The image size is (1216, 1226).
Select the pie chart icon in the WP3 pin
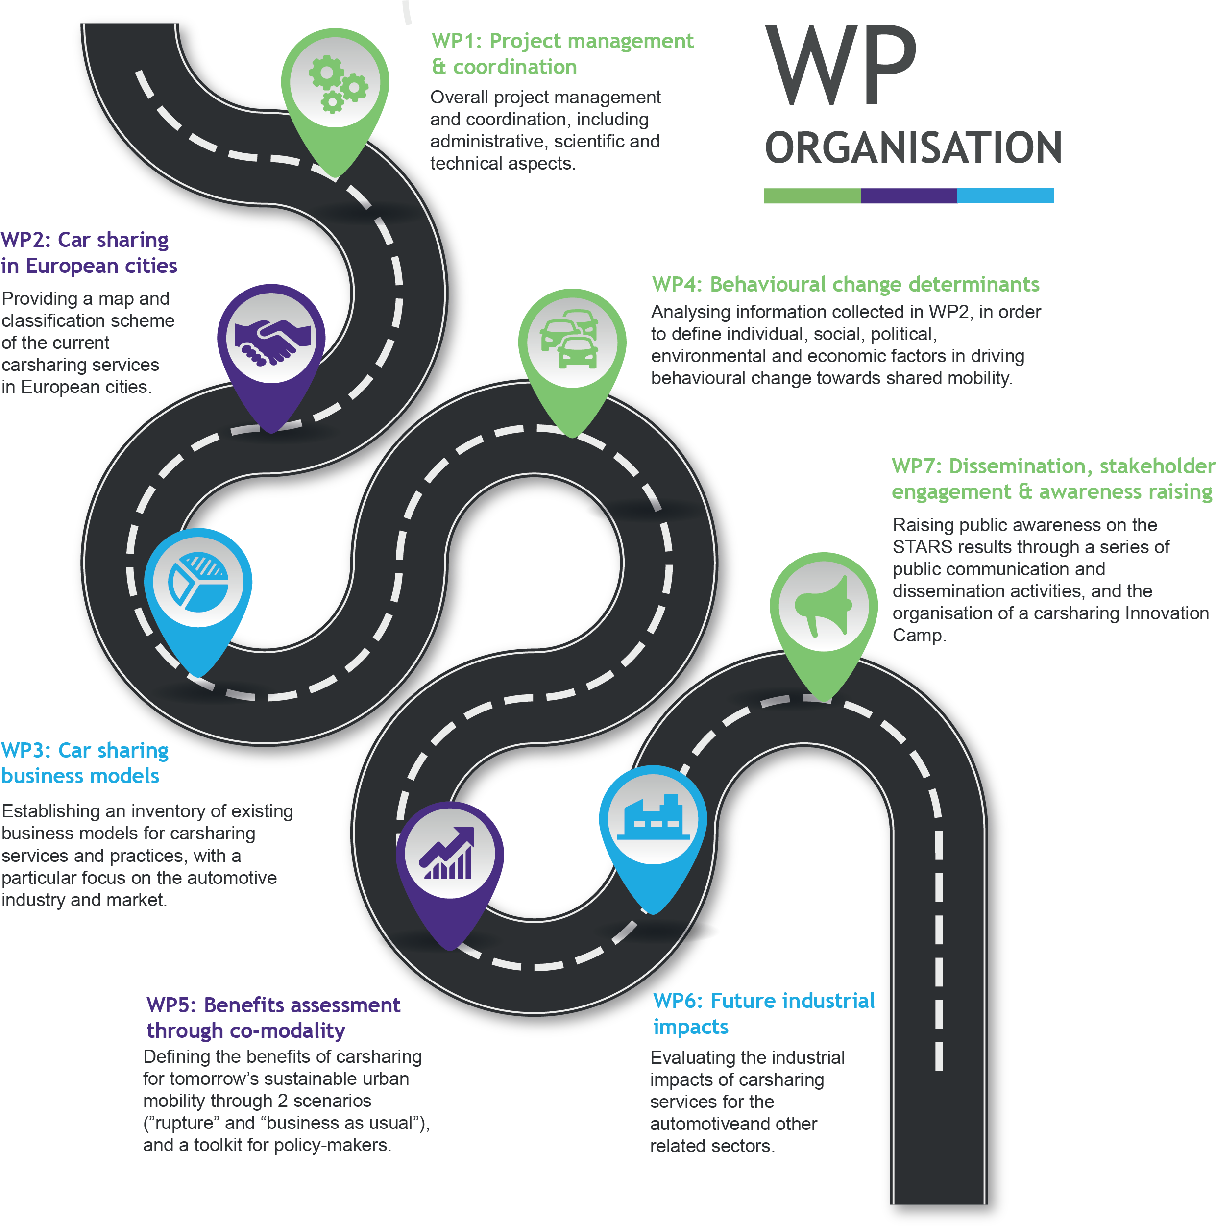(198, 583)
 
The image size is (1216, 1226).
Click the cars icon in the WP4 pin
(571, 340)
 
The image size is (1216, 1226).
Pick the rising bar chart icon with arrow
(448, 854)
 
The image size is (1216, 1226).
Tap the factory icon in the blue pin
(653, 817)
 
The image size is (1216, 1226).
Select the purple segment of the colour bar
(908, 196)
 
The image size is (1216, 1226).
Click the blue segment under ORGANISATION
(1005, 196)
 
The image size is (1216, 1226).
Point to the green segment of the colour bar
(811, 196)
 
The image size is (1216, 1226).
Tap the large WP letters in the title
(841, 66)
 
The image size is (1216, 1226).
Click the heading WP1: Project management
(562, 41)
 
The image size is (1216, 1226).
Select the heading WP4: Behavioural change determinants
(845, 284)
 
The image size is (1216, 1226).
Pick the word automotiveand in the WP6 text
(705, 1124)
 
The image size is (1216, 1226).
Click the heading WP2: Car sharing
(84, 240)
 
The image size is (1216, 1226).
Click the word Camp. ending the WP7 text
(919, 635)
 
